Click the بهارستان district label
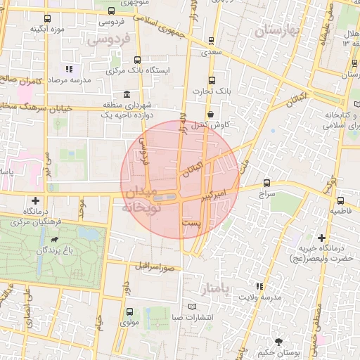coord(278,31)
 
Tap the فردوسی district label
coord(109,41)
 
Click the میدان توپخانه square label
coord(143,200)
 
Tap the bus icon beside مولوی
coord(129,311)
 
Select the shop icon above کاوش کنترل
coord(210,113)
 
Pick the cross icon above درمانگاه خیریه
coord(321,238)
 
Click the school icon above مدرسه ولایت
coord(260,286)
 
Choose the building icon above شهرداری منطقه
coord(127,94)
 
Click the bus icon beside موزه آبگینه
coord(47,19)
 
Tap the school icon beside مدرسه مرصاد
coord(69,69)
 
